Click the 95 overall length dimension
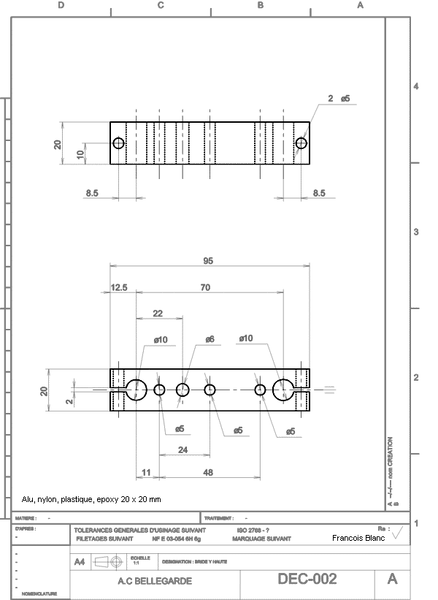(x=208, y=261)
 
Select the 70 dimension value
(x=205, y=288)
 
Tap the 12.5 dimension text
(x=119, y=288)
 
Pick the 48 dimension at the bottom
(x=208, y=473)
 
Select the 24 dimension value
(x=183, y=450)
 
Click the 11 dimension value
(x=146, y=473)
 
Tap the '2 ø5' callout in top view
(x=339, y=98)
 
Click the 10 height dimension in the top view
(x=80, y=154)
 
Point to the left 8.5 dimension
(x=92, y=193)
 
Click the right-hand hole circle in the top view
(x=301, y=143)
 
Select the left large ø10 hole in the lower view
(x=136, y=390)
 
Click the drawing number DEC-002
(x=307, y=579)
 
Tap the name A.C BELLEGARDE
(x=155, y=581)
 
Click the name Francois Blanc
(x=358, y=538)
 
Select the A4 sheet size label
(x=80, y=561)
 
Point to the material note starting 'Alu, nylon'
(x=91, y=500)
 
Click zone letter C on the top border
(x=161, y=5)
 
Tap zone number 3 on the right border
(x=416, y=232)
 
